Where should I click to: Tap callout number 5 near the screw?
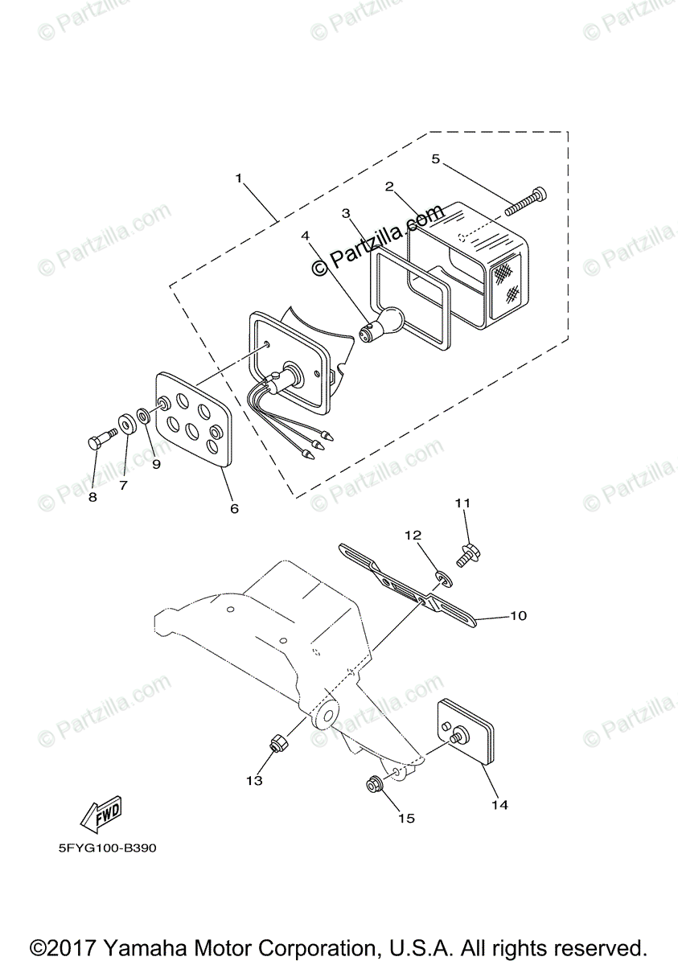[436, 159]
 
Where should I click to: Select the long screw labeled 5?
[527, 202]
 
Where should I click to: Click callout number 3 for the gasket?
[346, 213]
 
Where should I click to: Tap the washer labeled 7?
[127, 424]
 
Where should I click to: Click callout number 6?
[234, 508]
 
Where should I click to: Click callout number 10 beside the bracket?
[518, 616]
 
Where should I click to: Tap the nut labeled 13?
[276, 745]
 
